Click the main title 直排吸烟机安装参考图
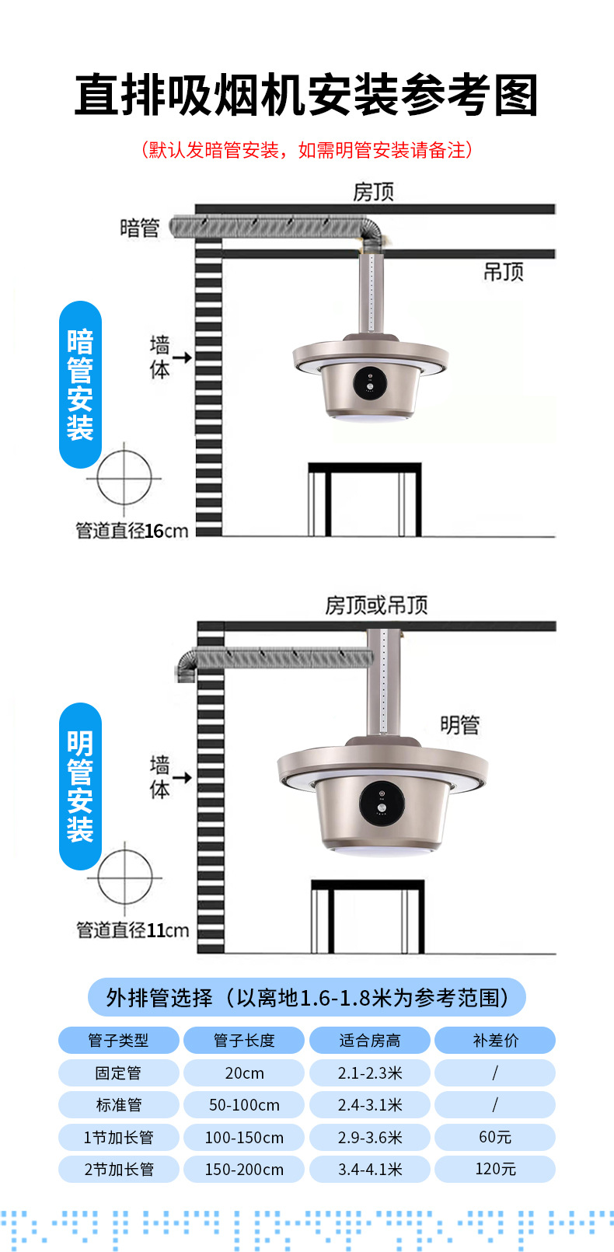pyautogui.click(x=306, y=96)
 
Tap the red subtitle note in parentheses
pyautogui.click(x=306, y=150)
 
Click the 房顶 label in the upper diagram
pyautogui.click(x=373, y=192)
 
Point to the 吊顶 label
pyautogui.click(x=504, y=272)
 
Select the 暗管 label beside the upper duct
pyautogui.click(x=140, y=228)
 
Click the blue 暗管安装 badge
pyautogui.click(x=80, y=385)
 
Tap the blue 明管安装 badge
pyautogui.click(x=80, y=786)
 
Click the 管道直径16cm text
pyautogui.click(x=131, y=531)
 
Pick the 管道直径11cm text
pyautogui.click(x=132, y=930)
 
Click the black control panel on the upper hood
pyautogui.click(x=370, y=384)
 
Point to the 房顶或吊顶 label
pyautogui.click(x=376, y=605)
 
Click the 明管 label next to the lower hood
pyautogui.click(x=459, y=725)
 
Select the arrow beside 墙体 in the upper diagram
pyautogui.click(x=182, y=357)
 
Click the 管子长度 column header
pyautogui.click(x=244, y=1041)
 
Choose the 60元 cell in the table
pyautogui.click(x=495, y=1137)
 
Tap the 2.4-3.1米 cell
pyautogui.click(x=370, y=1105)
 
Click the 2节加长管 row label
pyautogui.click(x=119, y=1170)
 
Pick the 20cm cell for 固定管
pyautogui.click(x=244, y=1073)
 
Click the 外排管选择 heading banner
pyautogui.click(x=306, y=998)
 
